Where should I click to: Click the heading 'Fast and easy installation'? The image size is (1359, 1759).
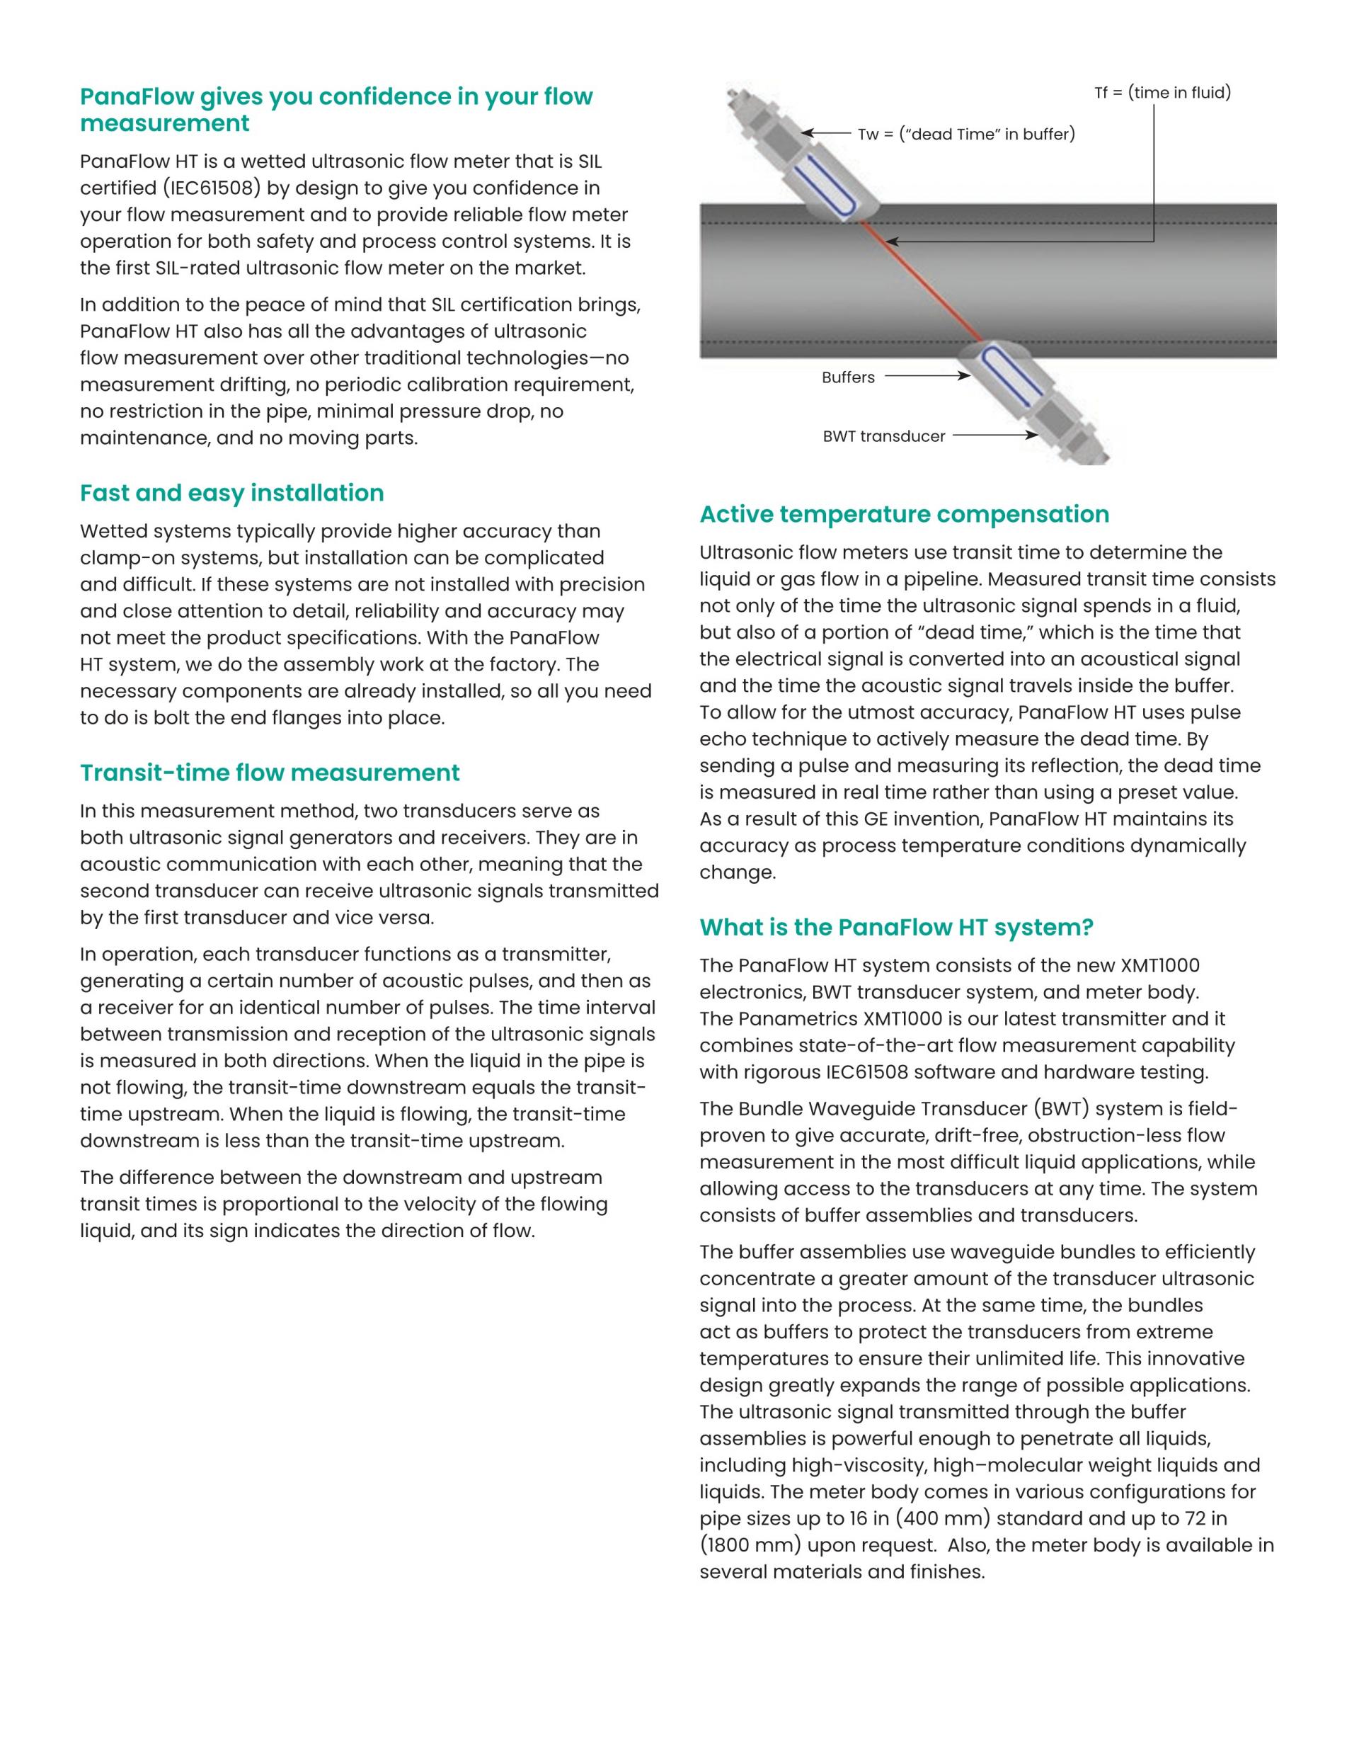pyautogui.click(x=232, y=493)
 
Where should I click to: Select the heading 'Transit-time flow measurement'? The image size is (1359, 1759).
pyautogui.click(x=270, y=773)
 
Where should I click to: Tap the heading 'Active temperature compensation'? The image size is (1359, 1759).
pyautogui.click(x=904, y=514)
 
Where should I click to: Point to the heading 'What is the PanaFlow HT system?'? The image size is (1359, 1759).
pyautogui.click(x=896, y=927)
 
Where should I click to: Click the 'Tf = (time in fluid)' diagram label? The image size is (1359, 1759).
pyautogui.click(x=1162, y=93)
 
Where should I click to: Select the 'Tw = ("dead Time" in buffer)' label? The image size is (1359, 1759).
pyautogui.click(x=966, y=134)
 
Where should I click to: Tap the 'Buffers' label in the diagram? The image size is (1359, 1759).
pyautogui.click(x=848, y=377)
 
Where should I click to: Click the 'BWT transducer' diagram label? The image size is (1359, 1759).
pyautogui.click(x=883, y=436)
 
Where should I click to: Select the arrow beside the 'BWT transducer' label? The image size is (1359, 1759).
pyautogui.click(x=995, y=435)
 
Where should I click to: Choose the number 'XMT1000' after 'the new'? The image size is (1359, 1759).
pyautogui.click(x=1159, y=965)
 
